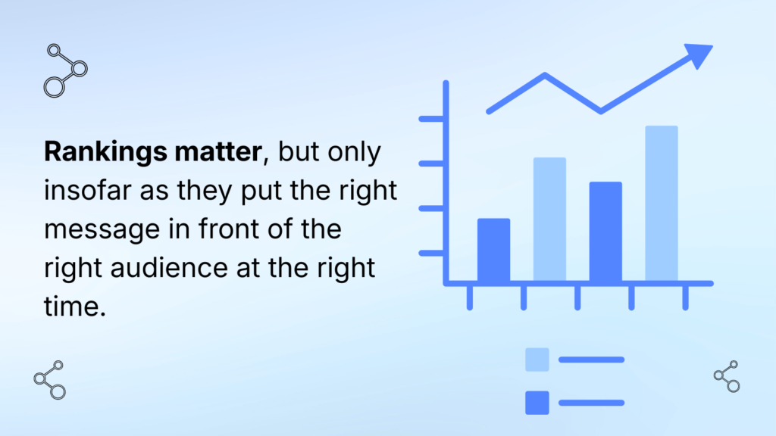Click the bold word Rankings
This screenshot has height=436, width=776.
(105, 152)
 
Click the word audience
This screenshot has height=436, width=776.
(169, 268)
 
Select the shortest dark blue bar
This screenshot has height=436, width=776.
(493, 250)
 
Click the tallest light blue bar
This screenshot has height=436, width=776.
(661, 203)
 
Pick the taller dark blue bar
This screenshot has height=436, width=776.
(605, 232)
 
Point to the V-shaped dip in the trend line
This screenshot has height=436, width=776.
(600, 111)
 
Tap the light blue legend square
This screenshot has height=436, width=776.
(537, 360)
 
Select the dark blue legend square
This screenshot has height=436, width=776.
(537, 403)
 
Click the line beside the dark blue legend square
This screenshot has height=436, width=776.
(591, 403)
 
